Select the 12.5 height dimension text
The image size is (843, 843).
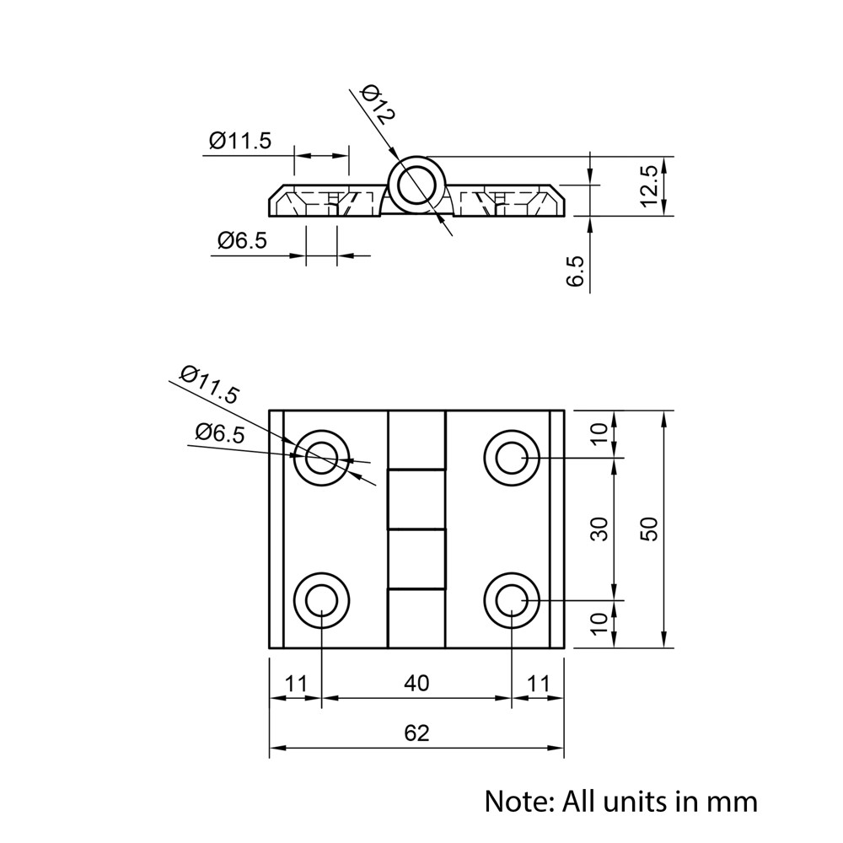point(648,185)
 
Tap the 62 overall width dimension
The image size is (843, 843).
point(416,733)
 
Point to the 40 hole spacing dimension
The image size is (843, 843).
point(416,684)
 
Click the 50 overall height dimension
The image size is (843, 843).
point(648,529)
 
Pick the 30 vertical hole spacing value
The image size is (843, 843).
point(599,529)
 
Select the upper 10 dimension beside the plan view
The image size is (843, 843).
point(599,434)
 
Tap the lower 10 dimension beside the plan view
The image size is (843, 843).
point(599,623)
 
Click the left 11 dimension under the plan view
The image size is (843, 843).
point(295,684)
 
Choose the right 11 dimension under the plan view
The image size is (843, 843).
point(538,684)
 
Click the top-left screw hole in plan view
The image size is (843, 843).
point(321,459)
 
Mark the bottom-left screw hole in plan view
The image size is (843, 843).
point(321,601)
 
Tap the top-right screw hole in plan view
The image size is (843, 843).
point(512,459)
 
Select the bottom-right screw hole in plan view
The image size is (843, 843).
point(512,601)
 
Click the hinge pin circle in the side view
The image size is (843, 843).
point(416,185)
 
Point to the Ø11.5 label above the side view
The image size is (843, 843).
point(240,141)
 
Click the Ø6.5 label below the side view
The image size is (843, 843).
point(242,241)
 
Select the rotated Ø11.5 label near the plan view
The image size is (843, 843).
point(210,384)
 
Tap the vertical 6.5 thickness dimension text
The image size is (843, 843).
point(577,271)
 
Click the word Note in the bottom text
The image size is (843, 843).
point(515,800)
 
